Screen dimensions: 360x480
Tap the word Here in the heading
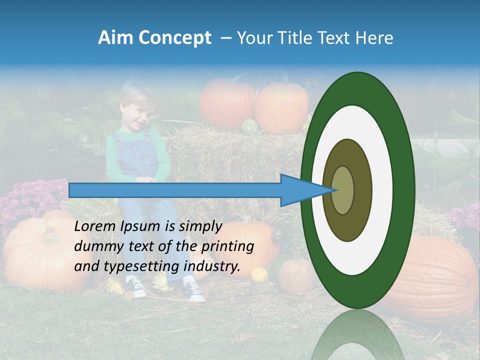[x=374, y=38]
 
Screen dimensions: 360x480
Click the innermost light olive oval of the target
[x=343, y=190]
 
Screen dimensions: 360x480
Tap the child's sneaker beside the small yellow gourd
[x=193, y=290]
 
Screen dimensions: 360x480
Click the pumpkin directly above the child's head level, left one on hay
[x=226, y=104]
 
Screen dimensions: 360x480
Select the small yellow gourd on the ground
[x=259, y=274]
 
